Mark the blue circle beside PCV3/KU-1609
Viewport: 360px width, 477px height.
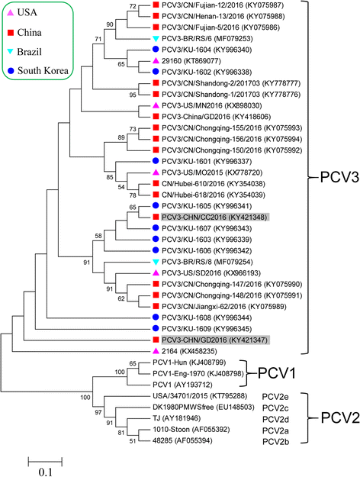point(156,327)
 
